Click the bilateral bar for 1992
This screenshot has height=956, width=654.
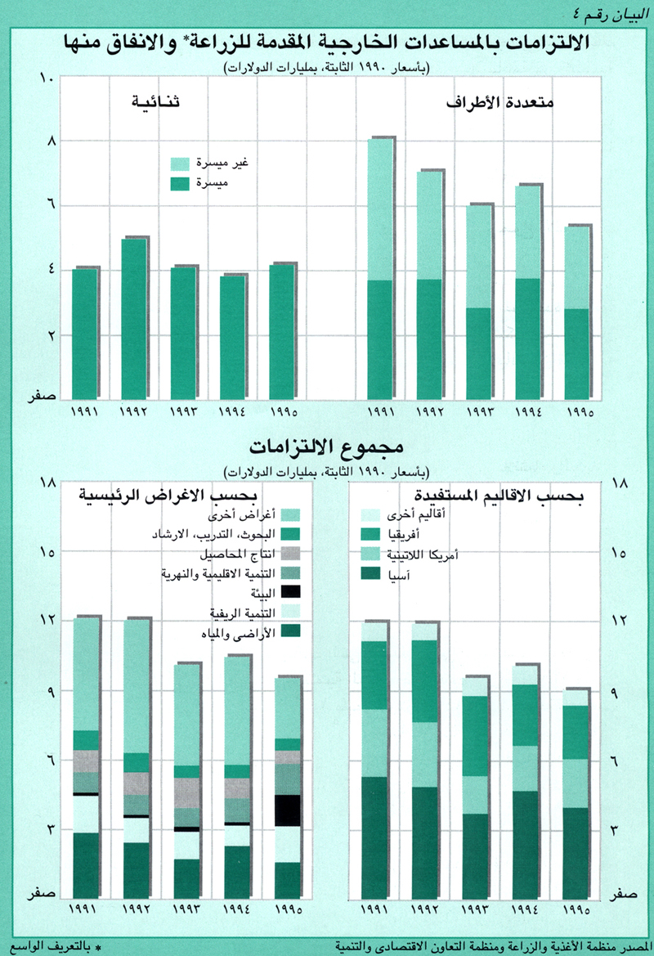133,319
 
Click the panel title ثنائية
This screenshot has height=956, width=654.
156,104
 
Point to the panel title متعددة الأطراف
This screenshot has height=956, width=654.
500,104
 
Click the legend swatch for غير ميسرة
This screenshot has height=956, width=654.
181,164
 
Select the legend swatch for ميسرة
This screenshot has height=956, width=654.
181,183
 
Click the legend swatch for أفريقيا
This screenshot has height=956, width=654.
373,535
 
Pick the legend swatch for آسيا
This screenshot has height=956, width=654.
373,574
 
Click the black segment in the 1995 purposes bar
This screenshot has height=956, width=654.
287,810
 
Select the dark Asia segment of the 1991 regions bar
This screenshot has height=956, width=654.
375,838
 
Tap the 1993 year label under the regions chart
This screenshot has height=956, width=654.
477,909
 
